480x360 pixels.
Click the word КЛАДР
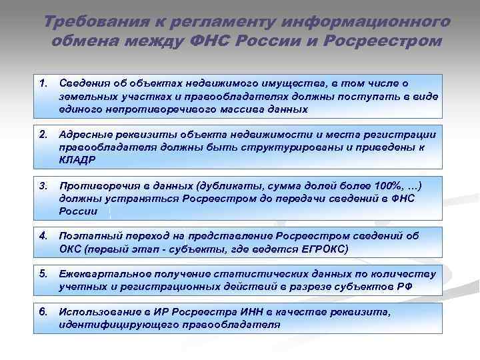pos(76,160)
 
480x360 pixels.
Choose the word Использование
pos(99,311)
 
